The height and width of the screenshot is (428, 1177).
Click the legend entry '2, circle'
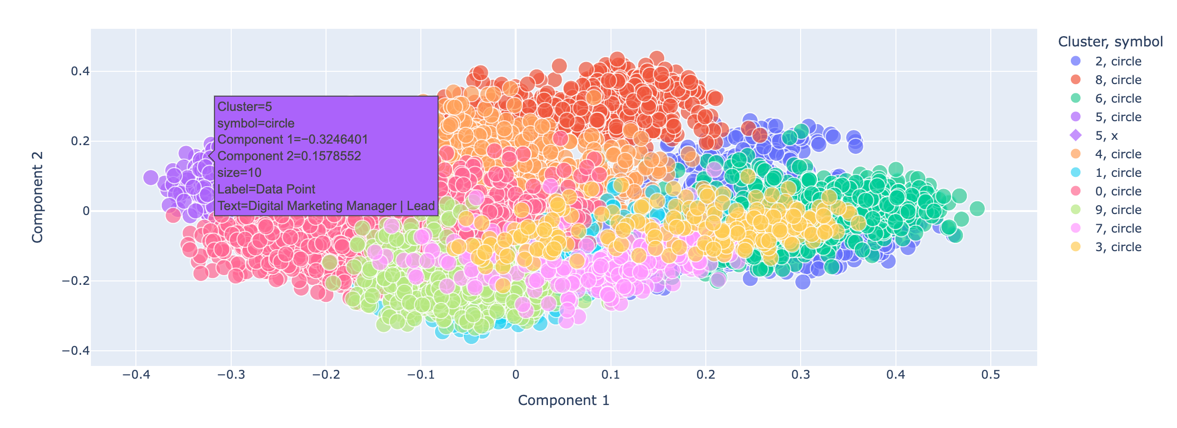click(x=1118, y=62)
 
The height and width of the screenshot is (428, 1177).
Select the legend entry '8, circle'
click(x=1118, y=80)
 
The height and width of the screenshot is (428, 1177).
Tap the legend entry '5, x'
click(x=1106, y=136)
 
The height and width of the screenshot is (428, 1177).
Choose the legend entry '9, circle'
click(x=1118, y=210)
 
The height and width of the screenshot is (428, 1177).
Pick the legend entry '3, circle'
click(x=1118, y=247)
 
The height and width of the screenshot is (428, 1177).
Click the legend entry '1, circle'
click(x=1118, y=173)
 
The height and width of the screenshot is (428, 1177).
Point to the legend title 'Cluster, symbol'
click(x=1110, y=42)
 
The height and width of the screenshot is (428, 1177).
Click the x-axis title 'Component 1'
click(x=564, y=401)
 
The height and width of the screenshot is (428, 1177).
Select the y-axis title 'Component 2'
click(x=38, y=197)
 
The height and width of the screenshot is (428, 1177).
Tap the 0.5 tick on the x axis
click(x=990, y=375)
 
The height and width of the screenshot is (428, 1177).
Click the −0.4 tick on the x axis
click(x=135, y=375)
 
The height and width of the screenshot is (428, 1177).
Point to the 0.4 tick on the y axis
click(x=80, y=72)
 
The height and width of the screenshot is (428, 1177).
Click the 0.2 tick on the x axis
click(x=705, y=375)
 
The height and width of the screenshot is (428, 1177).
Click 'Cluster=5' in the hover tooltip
click(x=244, y=107)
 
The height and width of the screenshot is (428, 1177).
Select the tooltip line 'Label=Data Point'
click(x=266, y=190)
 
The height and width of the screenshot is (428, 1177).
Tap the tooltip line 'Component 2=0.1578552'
click(x=289, y=156)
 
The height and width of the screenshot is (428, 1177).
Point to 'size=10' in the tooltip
click(x=239, y=173)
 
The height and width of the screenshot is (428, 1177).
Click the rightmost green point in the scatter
click(x=977, y=209)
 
